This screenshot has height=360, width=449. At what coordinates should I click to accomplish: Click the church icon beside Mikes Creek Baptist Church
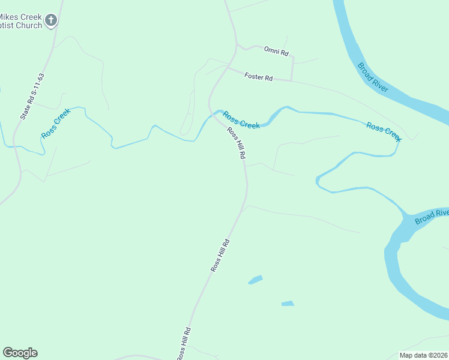coord(51,20)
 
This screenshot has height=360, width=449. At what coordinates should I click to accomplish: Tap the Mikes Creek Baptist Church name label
coord(21,21)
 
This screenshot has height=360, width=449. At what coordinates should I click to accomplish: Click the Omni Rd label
coord(276,51)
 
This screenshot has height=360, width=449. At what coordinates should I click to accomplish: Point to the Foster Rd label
coord(259,77)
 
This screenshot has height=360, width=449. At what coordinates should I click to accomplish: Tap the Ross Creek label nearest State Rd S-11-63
coord(56,123)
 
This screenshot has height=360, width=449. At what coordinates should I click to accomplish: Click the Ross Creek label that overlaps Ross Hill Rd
coord(241,120)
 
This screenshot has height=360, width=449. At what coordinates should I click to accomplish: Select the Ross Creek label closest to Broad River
coord(383,131)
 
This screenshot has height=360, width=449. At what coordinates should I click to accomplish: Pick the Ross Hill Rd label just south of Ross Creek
coord(236,143)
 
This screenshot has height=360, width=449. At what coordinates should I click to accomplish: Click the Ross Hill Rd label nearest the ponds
coord(220,256)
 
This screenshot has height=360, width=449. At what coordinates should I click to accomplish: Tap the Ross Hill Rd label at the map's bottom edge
coord(184,344)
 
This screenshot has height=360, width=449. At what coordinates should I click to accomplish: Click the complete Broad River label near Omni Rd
coord(372,77)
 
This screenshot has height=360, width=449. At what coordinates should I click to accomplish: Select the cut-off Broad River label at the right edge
coord(432,217)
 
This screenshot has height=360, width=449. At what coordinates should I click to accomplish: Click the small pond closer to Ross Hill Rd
coord(256,280)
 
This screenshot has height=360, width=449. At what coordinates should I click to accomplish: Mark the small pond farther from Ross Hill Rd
coord(288,304)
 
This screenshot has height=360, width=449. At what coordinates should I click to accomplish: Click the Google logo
coord(20,353)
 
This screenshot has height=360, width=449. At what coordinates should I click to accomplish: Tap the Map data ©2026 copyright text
coord(424,355)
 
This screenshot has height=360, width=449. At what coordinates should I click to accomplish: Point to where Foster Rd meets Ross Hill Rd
coord(228,67)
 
